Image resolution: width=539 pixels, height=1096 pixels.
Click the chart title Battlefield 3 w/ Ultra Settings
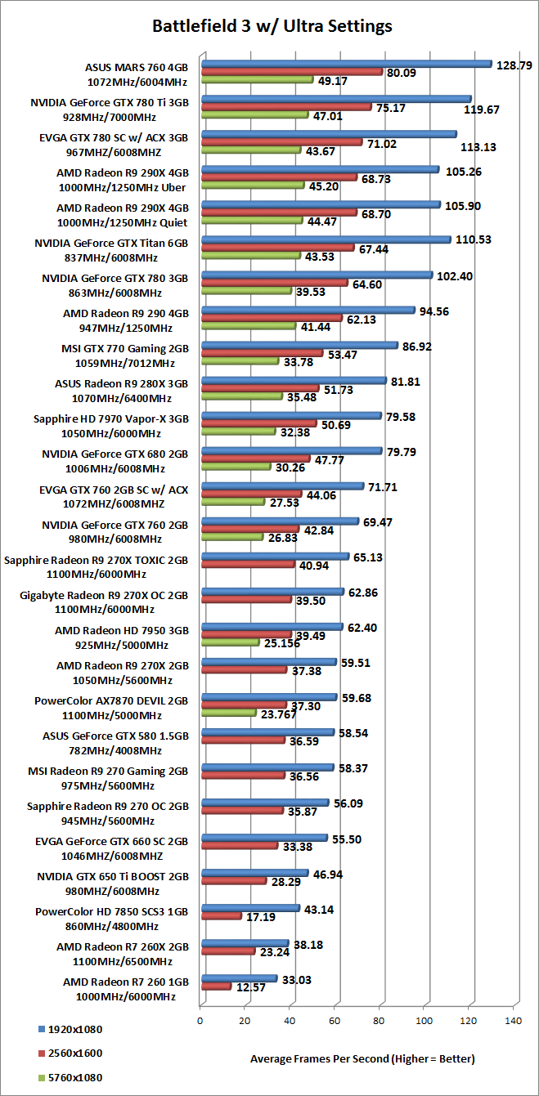pyautogui.click(x=272, y=26)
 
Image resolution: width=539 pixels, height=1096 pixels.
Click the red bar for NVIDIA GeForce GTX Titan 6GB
pyautogui.click(x=277, y=248)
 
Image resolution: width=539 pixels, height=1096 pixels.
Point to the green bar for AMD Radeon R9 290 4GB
pyautogui.click(x=248, y=326)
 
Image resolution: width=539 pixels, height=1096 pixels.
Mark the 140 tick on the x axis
pyautogui.click(x=513, y=1021)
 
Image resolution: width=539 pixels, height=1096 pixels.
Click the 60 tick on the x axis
pyautogui.click(x=334, y=1021)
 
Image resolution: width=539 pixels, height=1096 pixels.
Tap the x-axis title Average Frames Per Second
pyautogui.click(x=362, y=1058)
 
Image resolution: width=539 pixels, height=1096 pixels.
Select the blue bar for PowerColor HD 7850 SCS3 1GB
pyautogui.click(x=249, y=908)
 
